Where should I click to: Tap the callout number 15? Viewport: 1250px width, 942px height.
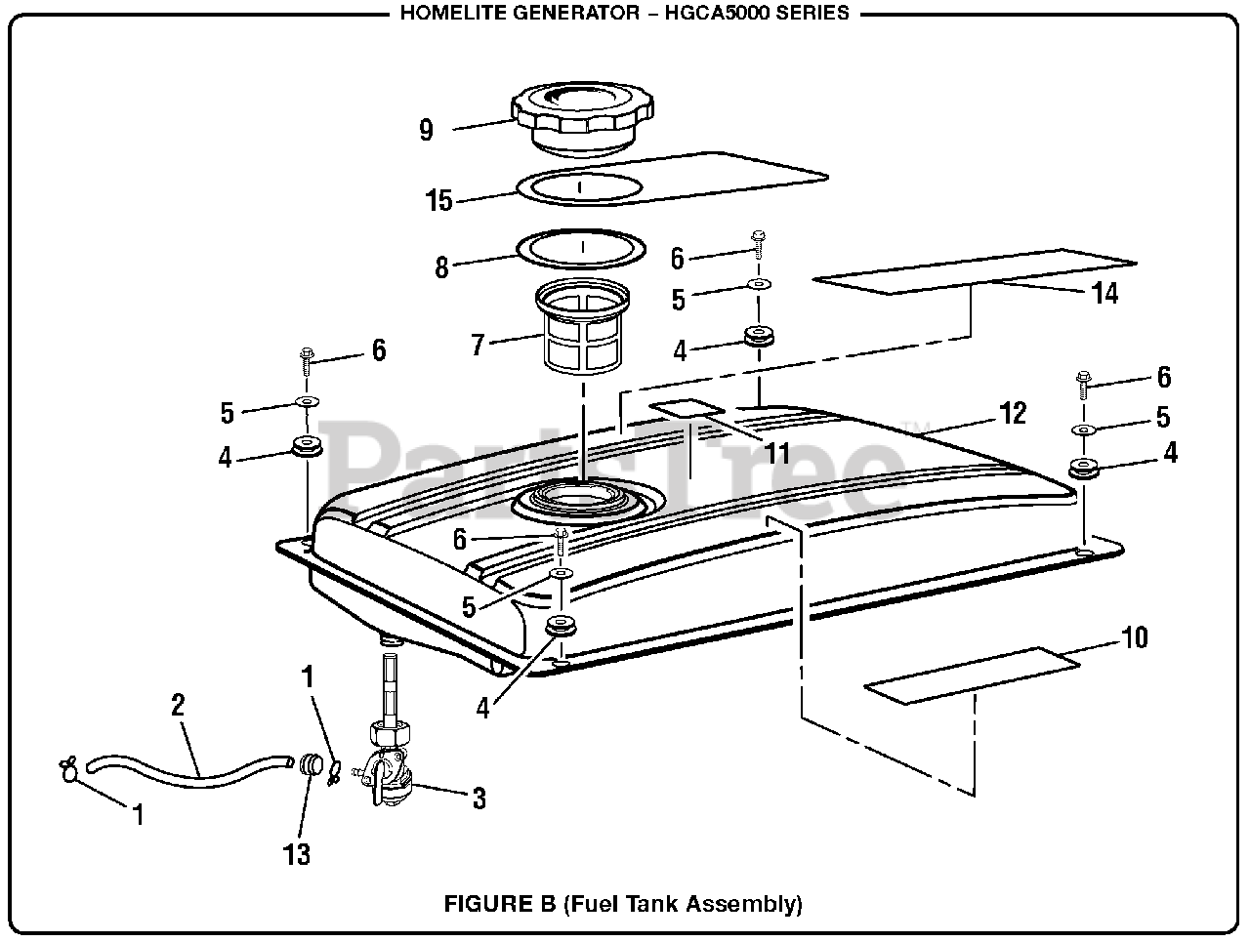(x=439, y=201)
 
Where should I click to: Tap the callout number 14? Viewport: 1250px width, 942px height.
(x=1104, y=292)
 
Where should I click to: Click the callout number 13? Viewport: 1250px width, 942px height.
(x=296, y=854)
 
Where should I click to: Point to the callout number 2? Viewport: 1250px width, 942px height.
(x=178, y=705)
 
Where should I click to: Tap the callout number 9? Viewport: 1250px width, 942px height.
(x=426, y=130)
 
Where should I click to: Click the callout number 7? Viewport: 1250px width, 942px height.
(x=478, y=345)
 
